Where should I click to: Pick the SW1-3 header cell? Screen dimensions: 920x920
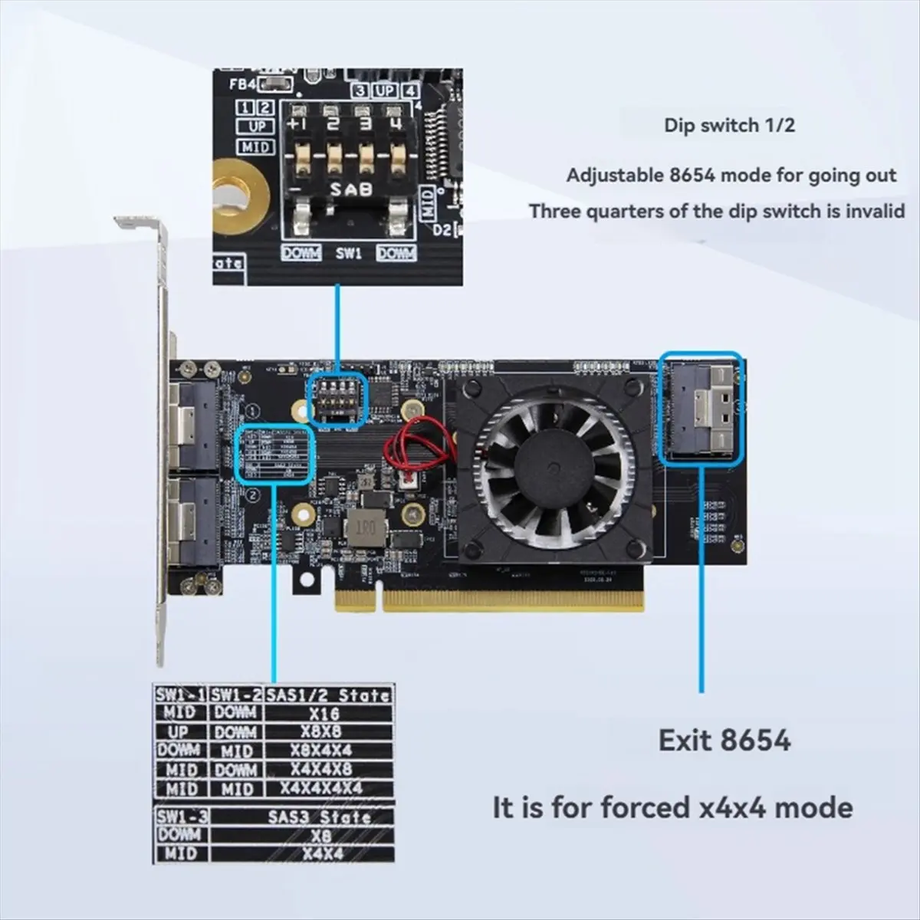tap(181, 816)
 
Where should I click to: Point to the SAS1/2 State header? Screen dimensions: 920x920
tap(327, 695)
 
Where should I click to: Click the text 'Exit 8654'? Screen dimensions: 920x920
tap(724, 741)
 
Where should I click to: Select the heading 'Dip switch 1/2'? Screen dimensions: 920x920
tap(729, 125)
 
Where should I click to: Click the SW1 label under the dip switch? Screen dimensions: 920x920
tap(348, 252)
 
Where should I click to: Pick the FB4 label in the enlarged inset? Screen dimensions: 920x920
tap(242, 83)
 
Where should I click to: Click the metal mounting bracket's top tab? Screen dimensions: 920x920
tap(138, 224)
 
